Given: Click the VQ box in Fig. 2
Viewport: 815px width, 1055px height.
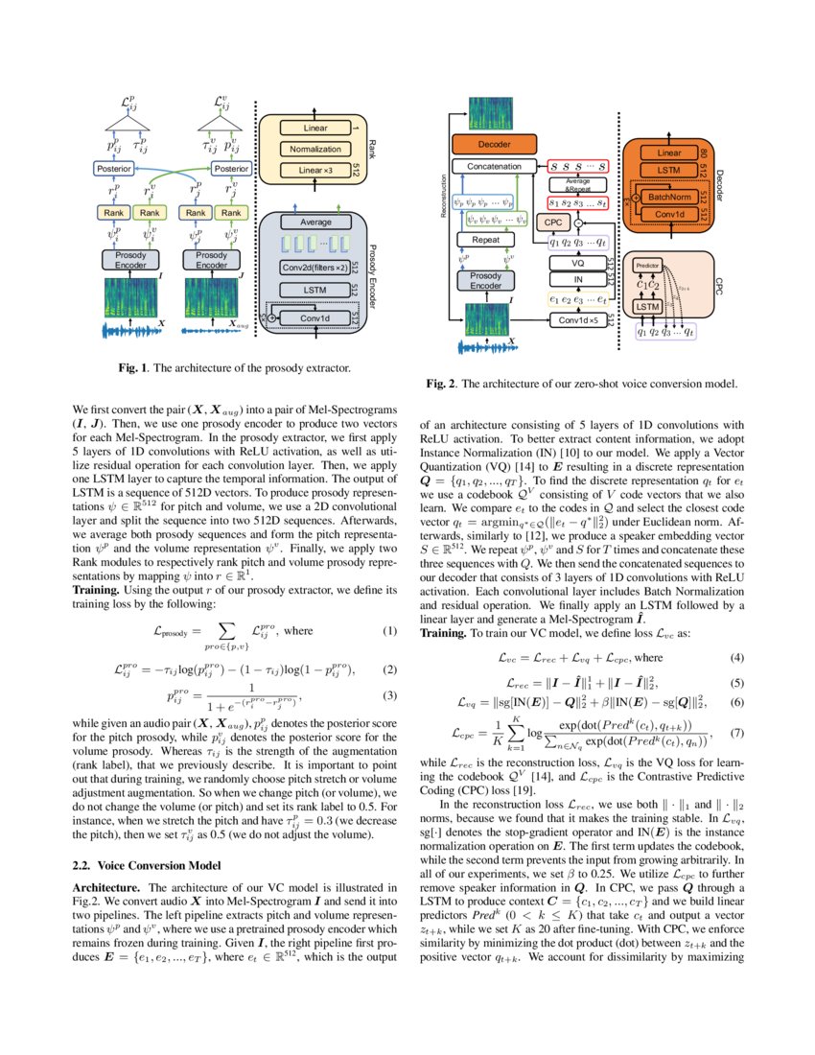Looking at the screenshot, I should [x=577, y=262].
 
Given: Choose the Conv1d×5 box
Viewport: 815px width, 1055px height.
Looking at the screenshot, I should [x=577, y=319].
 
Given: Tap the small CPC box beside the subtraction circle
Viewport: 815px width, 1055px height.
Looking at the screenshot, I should [x=552, y=223].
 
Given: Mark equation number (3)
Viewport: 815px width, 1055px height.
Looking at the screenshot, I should [x=389, y=694].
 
